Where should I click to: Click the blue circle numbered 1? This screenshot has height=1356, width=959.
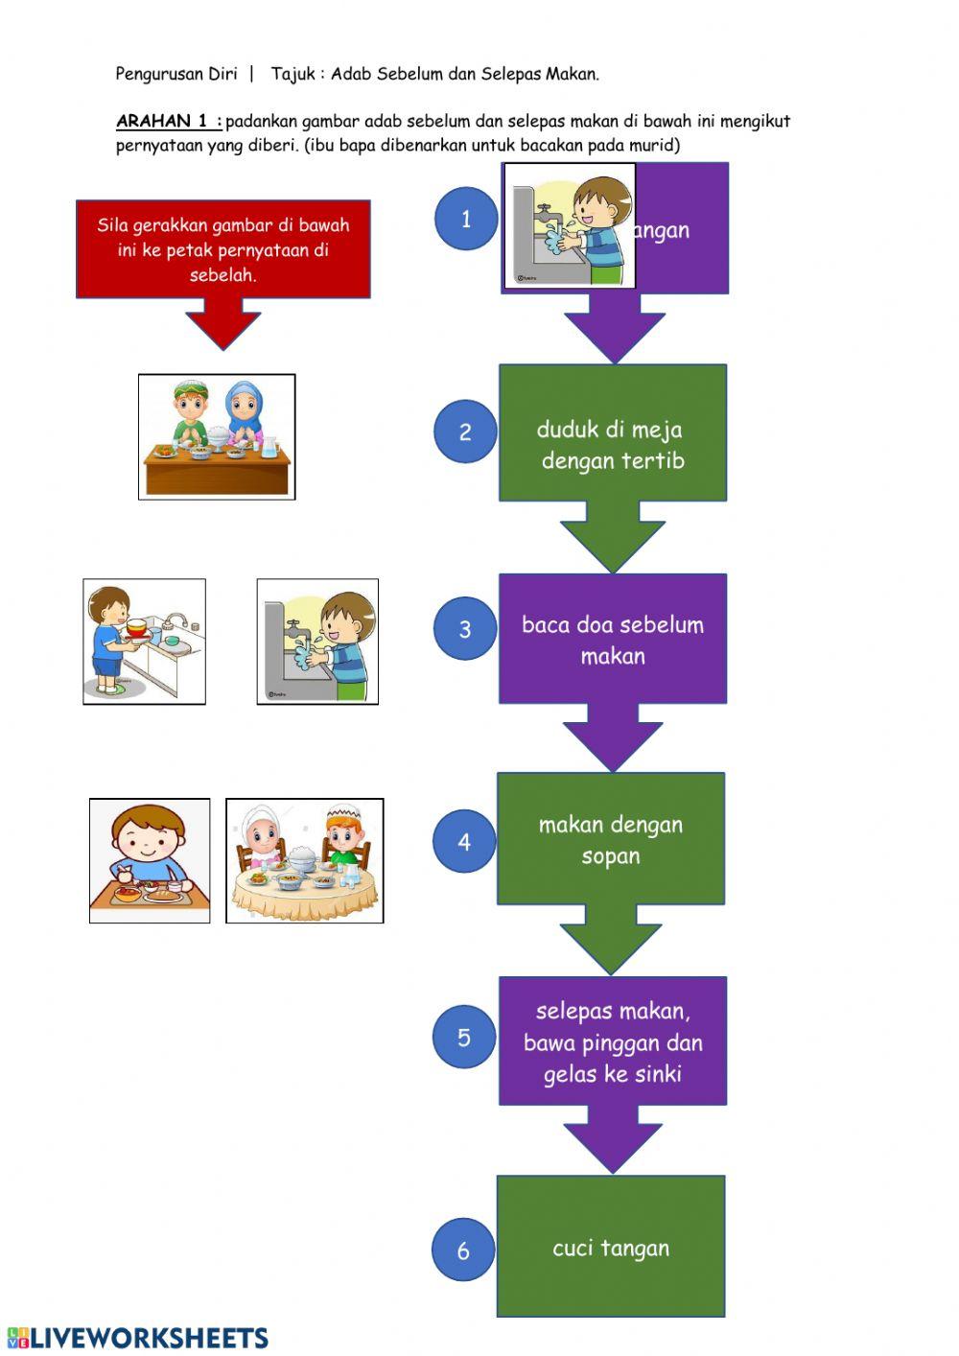(466, 219)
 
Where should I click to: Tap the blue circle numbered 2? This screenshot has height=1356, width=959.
(465, 432)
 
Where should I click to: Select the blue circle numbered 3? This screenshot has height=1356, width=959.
(465, 629)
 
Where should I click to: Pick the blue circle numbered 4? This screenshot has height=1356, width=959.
(464, 841)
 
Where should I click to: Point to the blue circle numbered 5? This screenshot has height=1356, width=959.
(464, 1037)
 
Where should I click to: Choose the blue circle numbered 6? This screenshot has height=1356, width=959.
(463, 1250)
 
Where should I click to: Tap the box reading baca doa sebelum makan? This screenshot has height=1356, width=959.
(612, 640)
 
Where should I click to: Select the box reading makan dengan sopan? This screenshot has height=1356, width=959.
(611, 839)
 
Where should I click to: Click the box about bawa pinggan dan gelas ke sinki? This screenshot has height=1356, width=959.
(612, 1041)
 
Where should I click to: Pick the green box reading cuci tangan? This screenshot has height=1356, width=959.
(611, 1247)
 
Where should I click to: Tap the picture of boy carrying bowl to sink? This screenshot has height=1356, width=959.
(144, 642)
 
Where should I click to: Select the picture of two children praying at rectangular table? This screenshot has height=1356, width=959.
(217, 436)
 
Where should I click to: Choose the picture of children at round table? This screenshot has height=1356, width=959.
(304, 861)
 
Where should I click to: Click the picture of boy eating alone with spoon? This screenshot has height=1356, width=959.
(150, 861)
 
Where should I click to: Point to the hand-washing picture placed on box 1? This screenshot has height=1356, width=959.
(570, 226)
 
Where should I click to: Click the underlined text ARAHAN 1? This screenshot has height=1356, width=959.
(168, 122)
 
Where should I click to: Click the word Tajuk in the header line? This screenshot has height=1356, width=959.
(292, 74)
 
